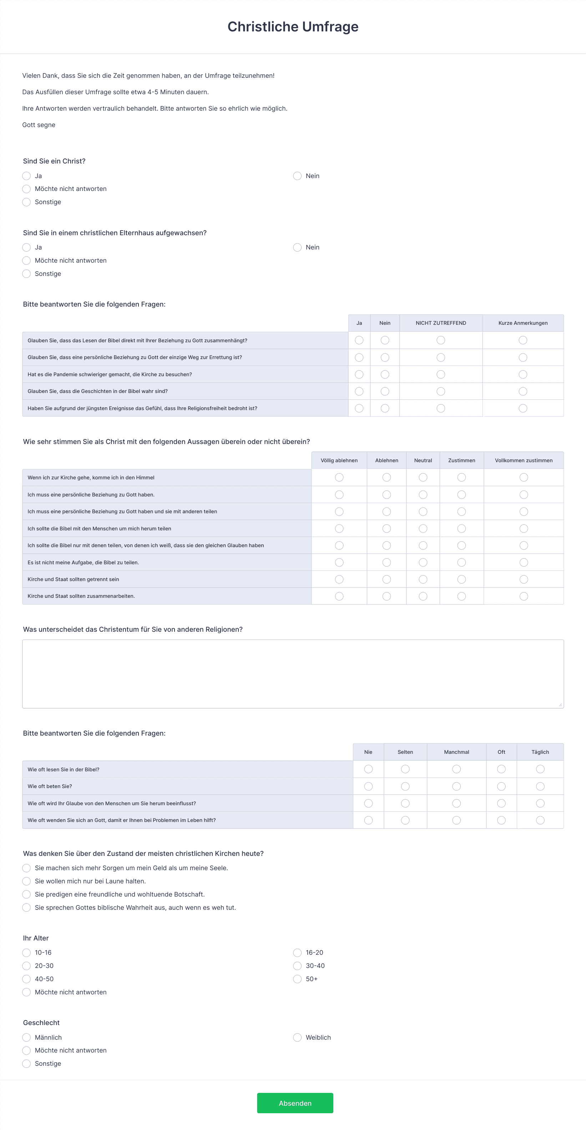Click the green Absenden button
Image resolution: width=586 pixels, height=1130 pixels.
295,1103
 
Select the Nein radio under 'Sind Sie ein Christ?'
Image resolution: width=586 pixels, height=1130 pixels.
297,176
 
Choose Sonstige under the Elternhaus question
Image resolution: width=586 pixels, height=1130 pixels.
27,274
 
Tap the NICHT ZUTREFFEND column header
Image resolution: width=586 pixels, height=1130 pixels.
440,323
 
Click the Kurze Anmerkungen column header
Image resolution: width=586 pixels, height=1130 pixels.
522,323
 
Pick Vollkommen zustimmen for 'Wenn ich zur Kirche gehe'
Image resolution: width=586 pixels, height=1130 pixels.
523,477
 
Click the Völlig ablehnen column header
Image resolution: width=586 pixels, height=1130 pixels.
339,460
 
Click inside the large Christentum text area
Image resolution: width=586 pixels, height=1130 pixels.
293,674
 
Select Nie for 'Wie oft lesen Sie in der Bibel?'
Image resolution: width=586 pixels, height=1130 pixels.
368,770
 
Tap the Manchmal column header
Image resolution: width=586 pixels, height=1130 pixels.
456,752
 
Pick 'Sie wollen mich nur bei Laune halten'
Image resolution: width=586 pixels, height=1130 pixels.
27,881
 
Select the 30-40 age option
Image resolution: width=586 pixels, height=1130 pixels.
297,966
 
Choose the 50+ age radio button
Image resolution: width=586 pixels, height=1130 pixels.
297,979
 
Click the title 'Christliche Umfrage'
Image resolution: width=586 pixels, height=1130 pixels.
293,27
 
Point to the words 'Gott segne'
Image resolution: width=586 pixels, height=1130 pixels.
39,125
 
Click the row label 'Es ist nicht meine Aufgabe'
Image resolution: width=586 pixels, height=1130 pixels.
84,563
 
